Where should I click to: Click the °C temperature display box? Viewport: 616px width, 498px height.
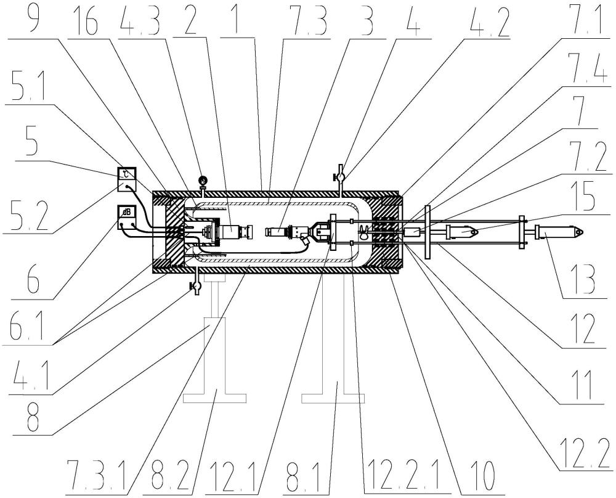(x=128, y=179)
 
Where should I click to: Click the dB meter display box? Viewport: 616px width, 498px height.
(x=128, y=217)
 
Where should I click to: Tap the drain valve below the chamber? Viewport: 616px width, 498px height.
(x=197, y=286)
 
